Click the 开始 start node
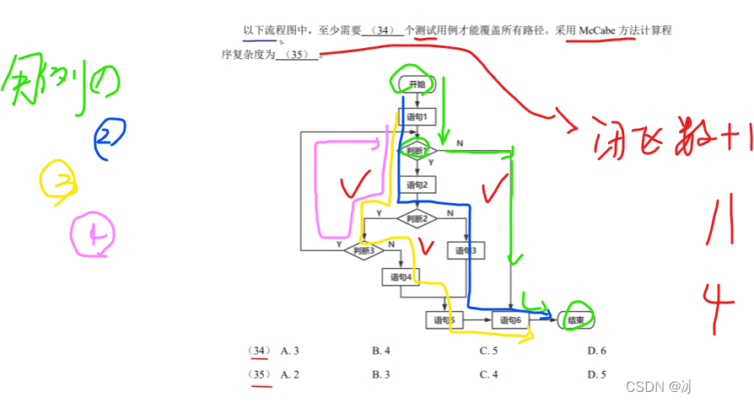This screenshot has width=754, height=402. tap(417, 84)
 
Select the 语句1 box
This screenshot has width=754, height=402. tap(417, 116)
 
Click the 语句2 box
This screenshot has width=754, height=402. tap(417, 185)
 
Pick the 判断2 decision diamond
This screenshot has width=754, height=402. tap(417, 218)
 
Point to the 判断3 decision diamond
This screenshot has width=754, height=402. tap(364, 250)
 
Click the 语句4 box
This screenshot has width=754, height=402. tap(401, 276)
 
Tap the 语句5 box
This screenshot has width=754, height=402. tap(444, 320)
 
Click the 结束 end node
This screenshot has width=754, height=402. tap(577, 320)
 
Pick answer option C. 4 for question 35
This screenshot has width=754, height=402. tap(489, 374)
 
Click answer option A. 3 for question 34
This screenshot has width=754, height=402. tap(290, 350)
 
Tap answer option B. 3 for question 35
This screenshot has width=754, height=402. tap(381, 374)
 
